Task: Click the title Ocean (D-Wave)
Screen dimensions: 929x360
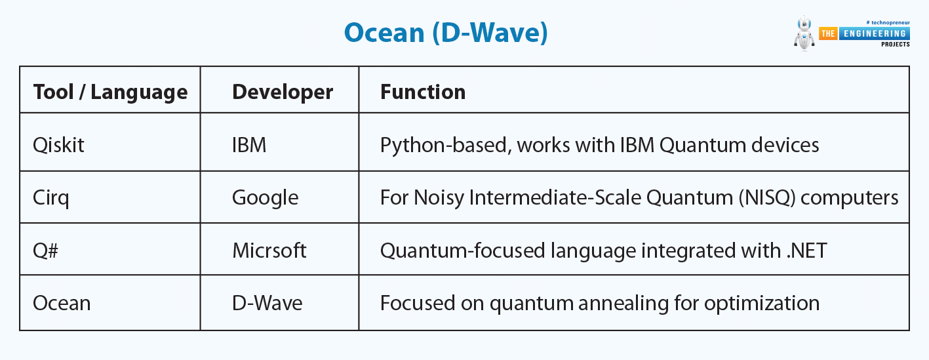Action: (446, 33)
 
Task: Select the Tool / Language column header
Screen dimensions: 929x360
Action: (110, 92)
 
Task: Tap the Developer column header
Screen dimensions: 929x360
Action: (283, 92)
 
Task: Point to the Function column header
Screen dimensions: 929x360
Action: (423, 92)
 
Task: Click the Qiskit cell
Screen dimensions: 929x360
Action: (58, 145)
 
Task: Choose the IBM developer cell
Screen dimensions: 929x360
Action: (249, 145)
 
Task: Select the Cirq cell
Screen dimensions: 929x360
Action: (51, 198)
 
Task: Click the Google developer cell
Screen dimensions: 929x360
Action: (265, 198)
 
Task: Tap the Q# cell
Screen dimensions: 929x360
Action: (46, 250)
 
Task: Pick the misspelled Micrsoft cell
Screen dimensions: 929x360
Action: (269, 250)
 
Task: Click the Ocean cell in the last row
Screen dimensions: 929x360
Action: (62, 303)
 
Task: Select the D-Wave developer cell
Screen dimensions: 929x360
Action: (267, 303)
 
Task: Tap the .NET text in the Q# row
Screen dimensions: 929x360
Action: (806, 250)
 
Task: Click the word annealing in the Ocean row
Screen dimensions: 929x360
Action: (623, 304)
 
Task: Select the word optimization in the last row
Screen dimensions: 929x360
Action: (762, 304)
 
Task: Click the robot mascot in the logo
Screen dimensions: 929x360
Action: (804, 34)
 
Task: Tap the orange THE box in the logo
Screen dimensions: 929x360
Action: (828, 33)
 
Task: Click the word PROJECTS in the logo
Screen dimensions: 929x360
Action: (896, 45)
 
